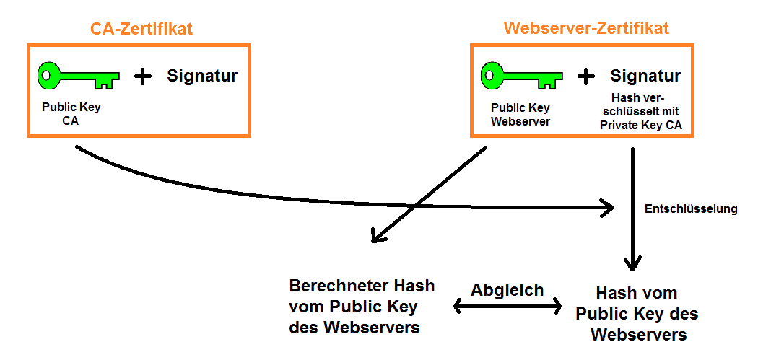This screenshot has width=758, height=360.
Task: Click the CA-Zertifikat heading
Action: pos(141,29)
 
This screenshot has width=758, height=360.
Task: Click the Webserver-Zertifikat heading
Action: pos(586,29)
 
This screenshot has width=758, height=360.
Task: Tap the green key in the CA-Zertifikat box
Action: pos(78,76)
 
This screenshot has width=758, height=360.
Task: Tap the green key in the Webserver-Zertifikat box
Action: pos(521,76)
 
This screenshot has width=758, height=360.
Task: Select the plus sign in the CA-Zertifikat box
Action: pos(144,76)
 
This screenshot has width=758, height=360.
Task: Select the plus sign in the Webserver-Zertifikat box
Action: pos(587,76)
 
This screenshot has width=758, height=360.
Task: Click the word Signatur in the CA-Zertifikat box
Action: pos(202,76)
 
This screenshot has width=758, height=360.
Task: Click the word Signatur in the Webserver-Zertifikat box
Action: pos(645,76)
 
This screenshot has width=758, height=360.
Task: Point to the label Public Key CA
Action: pos(71,114)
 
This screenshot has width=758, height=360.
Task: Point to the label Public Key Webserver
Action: pos(520,114)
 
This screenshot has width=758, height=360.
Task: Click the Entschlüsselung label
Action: pos(691,209)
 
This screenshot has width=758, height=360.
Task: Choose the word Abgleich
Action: pos(507,290)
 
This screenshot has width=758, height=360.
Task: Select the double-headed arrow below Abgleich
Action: pos(507,307)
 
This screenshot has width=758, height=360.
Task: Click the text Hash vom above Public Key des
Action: pos(637,294)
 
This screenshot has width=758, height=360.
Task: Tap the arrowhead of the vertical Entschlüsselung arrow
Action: pos(633,263)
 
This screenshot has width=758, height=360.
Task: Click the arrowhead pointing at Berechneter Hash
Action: pos(376,235)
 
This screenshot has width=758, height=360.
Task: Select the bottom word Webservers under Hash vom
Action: pos(638,335)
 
